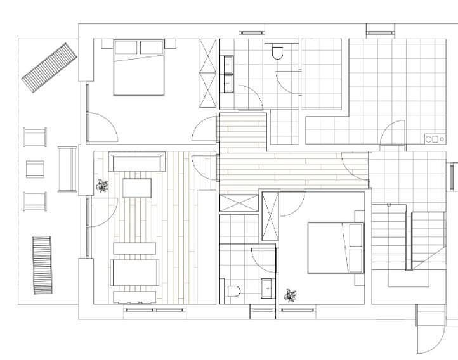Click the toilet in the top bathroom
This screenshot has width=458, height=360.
click(x=277, y=52)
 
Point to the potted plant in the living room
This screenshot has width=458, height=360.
click(x=103, y=186)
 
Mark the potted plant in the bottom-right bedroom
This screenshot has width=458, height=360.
click(x=291, y=293)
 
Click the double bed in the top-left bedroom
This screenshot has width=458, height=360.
click(x=139, y=67)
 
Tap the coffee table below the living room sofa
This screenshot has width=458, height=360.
click(x=138, y=188)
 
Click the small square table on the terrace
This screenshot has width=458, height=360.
click(x=36, y=169)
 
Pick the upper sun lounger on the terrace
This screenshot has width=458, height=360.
click(x=49, y=65)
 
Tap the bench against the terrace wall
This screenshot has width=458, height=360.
click(x=67, y=169)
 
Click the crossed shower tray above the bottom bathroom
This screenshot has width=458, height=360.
click(x=239, y=203)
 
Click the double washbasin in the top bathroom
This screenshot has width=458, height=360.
click(x=228, y=74)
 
